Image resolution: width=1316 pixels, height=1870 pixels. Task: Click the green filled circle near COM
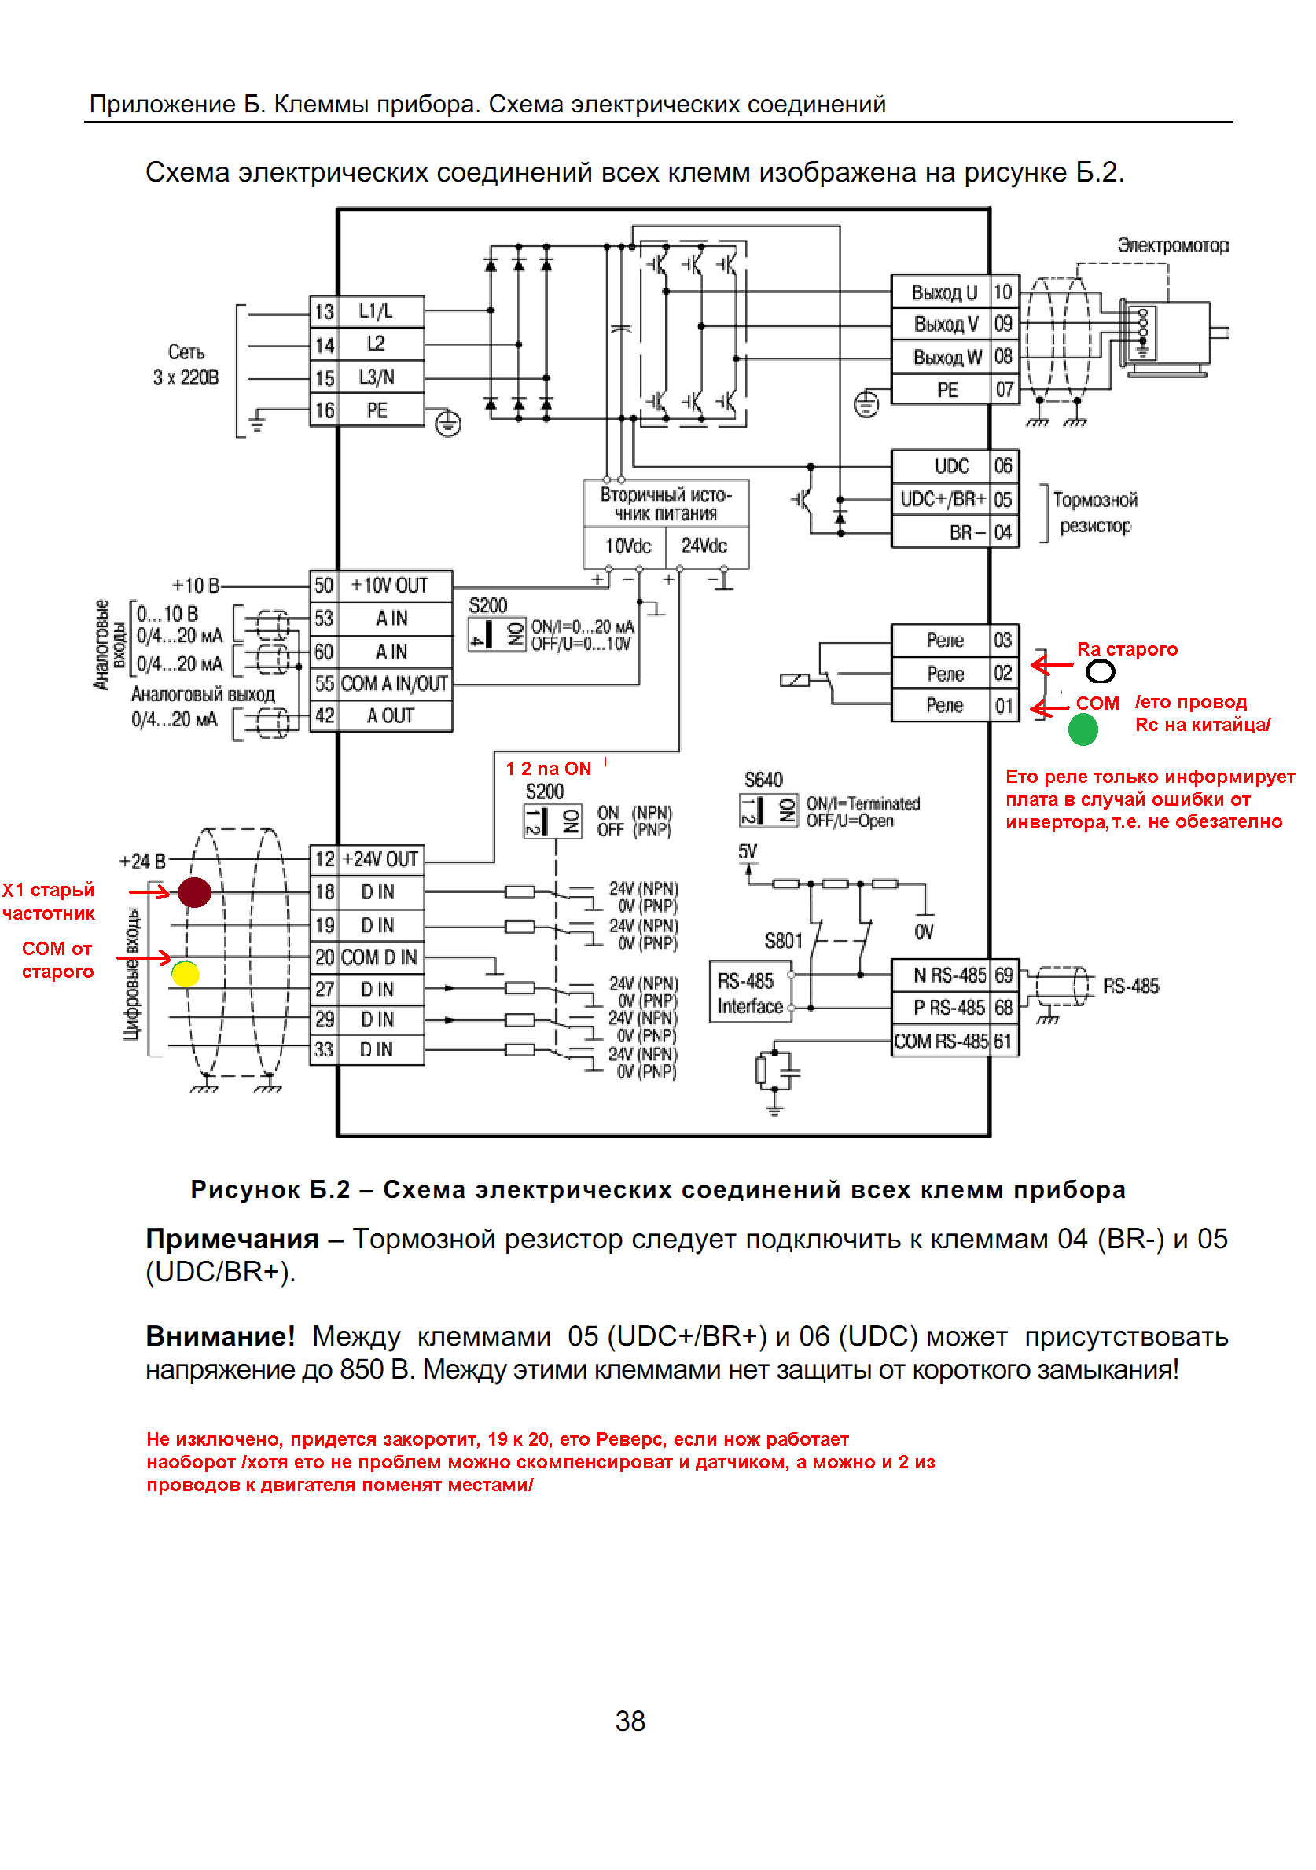pyautogui.click(x=1083, y=729)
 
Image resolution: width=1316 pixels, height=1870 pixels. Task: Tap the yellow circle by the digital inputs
pyautogui.click(x=186, y=973)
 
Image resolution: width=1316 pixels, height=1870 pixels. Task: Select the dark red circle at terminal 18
pyautogui.click(x=195, y=892)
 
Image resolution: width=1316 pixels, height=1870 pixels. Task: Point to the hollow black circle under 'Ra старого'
pyautogui.click(x=1100, y=671)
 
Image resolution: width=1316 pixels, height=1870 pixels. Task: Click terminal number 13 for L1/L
pyautogui.click(x=324, y=312)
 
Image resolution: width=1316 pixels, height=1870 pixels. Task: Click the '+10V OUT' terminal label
pyautogui.click(x=388, y=586)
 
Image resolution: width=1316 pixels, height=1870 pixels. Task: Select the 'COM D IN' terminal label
pyautogui.click(x=379, y=957)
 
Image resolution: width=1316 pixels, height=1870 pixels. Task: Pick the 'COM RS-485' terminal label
pyautogui.click(x=941, y=1041)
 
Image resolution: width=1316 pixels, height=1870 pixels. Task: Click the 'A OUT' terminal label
pyautogui.click(x=390, y=716)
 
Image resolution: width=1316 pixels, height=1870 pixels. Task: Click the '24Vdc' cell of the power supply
pyautogui.click(x=704, y=546)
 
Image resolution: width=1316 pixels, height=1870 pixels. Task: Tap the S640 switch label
pyautogui.click(x=763, y=781)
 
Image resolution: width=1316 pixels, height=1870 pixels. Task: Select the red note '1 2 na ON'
pyautogui.click(x=548, y=769)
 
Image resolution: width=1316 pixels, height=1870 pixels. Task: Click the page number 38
pyautogui.click(x=630, y=1721)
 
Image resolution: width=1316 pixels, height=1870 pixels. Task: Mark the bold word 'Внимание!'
pyautogui.click(x=220, y=1336)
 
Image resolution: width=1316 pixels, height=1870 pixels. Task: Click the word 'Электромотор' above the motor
pyautogui.click(x=1173, y=245)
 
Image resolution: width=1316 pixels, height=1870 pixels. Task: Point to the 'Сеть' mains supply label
pyautogui.click(x=186, y=352)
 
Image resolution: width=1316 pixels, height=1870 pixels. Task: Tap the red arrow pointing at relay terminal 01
pyautogui.click(x=1049, y=708)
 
